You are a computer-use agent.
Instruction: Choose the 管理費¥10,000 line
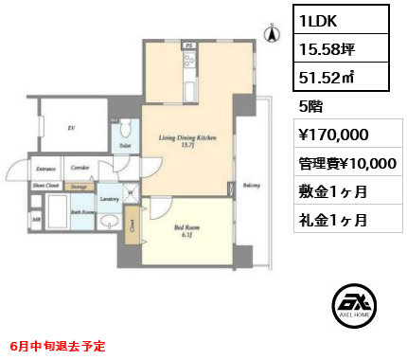[x=346, y=163]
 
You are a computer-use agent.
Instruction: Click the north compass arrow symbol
[x=272, y=35]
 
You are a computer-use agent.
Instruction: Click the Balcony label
[x=251, y=186]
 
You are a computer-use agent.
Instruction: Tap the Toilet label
[x=124, y=147]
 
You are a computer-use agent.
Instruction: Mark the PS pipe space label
[x=188, y=44]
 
